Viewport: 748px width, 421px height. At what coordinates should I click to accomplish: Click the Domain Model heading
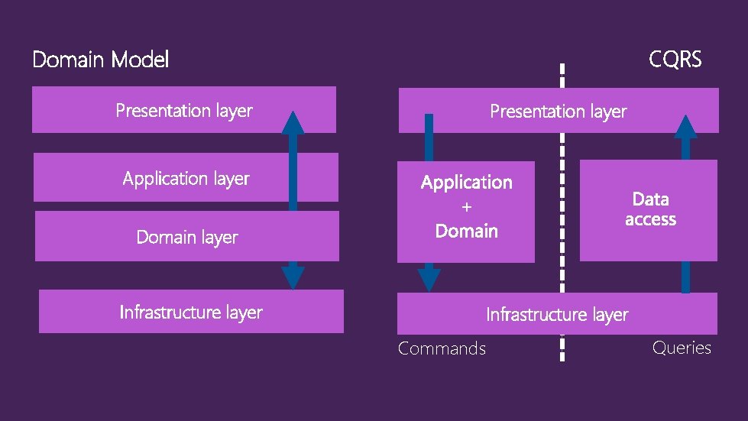[100, 60]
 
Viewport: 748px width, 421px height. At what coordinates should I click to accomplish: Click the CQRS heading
[675, 60]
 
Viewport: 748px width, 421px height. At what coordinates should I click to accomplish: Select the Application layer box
[186, 178]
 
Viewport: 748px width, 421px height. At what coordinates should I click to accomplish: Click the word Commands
[442, 348]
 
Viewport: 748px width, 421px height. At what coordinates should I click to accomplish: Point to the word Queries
[682, 348]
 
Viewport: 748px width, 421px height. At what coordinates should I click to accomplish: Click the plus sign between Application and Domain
[467, 207]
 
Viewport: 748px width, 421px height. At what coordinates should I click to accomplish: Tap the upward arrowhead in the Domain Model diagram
[293, 121]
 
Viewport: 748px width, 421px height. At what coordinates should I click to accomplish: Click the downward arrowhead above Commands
[429, 279]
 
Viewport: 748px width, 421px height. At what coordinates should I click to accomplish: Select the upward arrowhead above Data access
[686, 127]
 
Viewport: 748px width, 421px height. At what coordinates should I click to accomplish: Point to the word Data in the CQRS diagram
[650, 199]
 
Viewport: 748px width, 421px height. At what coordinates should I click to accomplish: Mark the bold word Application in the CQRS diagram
[466, 183]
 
